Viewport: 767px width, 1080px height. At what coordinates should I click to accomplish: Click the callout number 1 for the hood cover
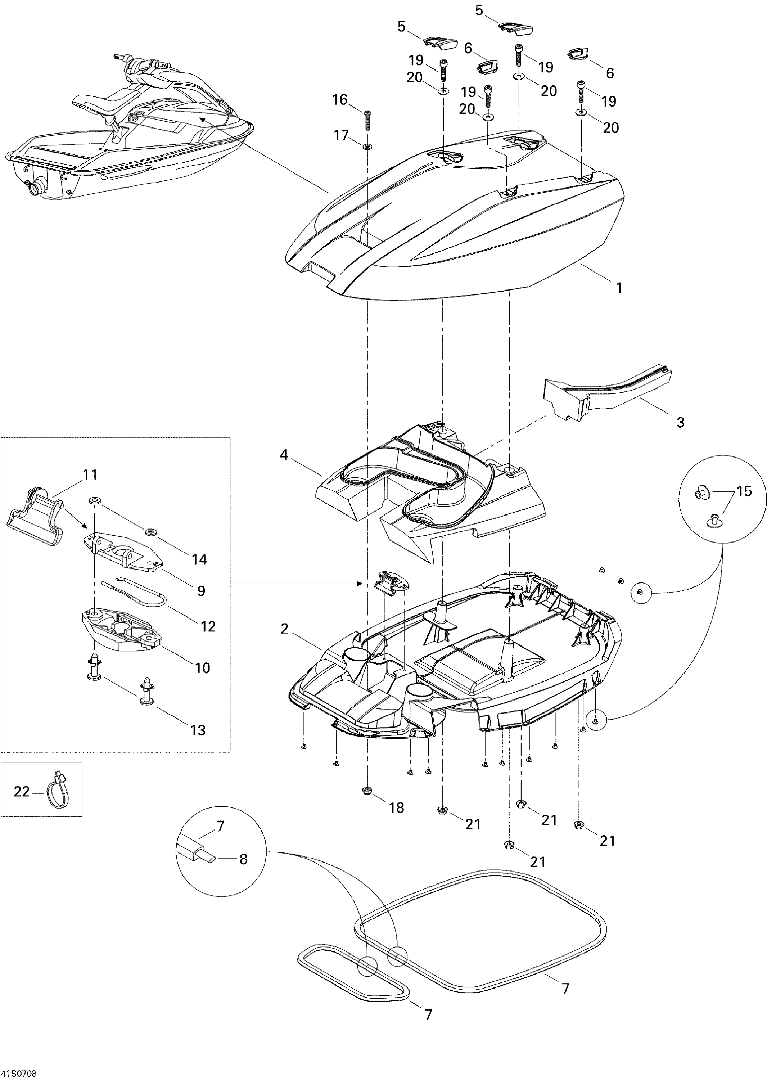click(x=619, y=287)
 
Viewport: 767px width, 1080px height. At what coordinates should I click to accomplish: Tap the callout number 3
click(x=680, y=422)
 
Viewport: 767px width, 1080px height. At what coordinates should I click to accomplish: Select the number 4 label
click(x=283, y=455)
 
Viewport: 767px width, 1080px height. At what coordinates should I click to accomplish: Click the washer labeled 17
click(x=367, y=147)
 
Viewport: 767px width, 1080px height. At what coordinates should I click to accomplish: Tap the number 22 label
click(x=21, y=791)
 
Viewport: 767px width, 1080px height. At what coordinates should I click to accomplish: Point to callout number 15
click(x=744, y=491)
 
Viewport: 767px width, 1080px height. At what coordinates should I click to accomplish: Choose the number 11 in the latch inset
click(x=90, y=474)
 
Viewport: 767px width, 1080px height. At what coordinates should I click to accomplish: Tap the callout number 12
click(x=208, y=626)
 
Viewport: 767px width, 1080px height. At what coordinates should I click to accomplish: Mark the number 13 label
click(x=198, y=730)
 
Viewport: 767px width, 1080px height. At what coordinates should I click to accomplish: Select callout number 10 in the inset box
click(x=202, y=668)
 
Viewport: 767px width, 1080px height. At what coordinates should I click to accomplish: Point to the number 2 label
click(x=284, y=629)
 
